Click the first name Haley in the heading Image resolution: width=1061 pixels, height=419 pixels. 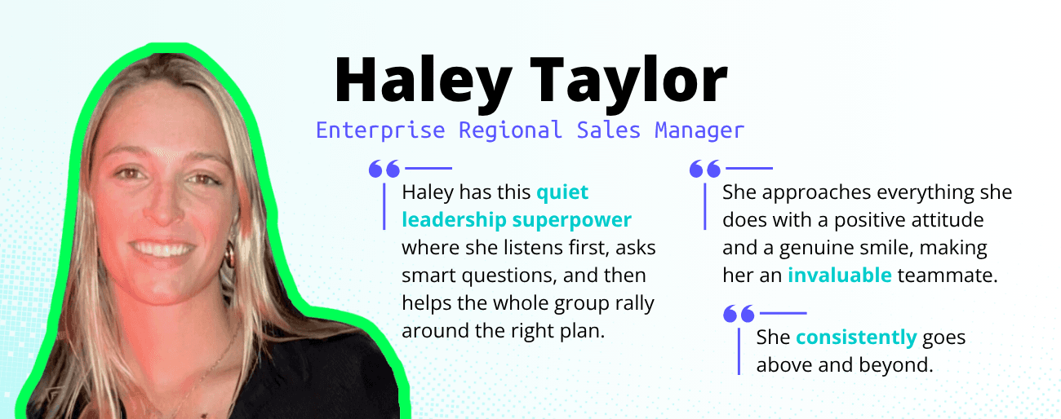tap(423, 82)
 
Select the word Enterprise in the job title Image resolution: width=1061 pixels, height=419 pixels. tap(380, 130)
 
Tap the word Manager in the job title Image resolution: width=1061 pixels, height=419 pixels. tap(699, 130)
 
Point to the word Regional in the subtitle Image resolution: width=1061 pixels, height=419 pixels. tap(509, 130)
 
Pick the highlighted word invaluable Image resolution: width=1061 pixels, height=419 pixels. tap(839, 275)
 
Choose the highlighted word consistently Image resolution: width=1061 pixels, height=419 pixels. tap(857, 337)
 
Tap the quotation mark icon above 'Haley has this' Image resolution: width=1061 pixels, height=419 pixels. tap(384, 169)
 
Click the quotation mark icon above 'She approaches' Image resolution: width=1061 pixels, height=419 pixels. tap(705, 169)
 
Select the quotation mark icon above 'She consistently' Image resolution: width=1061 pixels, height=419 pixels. tap(739, 313)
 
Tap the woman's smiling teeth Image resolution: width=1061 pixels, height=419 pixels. tap(163, 247)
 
